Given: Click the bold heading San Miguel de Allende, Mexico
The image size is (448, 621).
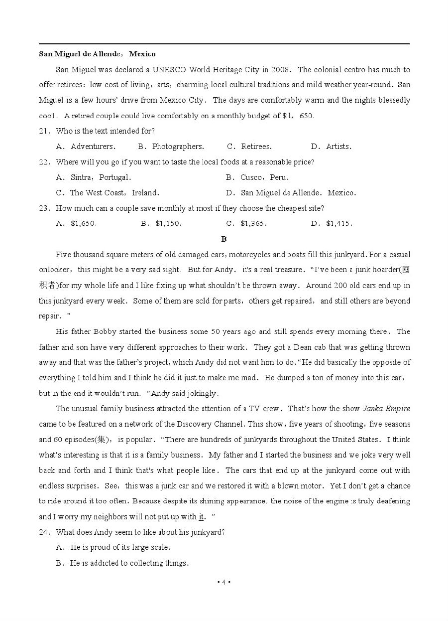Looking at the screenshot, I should [97, 54].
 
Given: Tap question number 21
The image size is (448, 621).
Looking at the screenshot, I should [44, 131].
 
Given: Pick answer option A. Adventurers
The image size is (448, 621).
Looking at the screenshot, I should [86, 147].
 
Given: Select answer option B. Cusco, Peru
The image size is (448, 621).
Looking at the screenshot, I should [257, 177].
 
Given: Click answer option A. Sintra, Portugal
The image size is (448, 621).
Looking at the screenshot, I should [94, 177].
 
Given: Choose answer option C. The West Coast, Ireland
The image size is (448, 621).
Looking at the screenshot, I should [108, 193].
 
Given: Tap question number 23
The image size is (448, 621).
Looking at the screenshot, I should [44, 208].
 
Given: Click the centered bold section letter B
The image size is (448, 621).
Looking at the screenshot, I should [224, 239].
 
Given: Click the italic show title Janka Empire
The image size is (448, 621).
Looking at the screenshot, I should [386, 409].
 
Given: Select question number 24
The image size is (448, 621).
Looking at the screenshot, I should [44, 532].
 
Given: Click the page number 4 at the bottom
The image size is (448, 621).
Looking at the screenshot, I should [224, 582].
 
